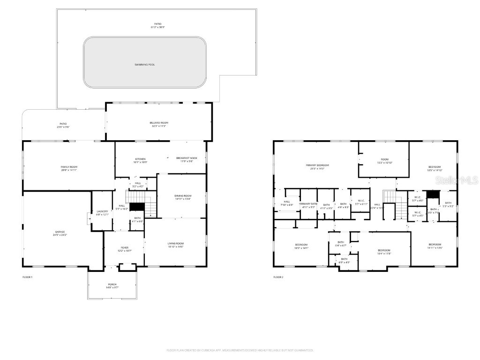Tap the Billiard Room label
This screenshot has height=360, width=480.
[x=158, y=123]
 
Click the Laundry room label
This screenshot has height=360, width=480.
[x=102, y=212]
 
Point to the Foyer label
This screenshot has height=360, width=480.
[x=125, y=248]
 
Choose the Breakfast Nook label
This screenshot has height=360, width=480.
[x=187, y=158]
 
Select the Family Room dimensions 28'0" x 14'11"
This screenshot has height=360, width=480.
[x=69, y=170]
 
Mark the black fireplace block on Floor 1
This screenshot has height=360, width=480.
[x=137, y=207]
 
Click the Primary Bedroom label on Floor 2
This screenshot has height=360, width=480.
[x=317, y=165]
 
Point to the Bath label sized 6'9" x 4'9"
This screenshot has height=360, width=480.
[x=344, y=261]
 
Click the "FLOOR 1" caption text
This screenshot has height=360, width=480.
[x=28, y=277]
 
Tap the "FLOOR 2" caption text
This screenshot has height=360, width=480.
[x=278, y=277]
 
